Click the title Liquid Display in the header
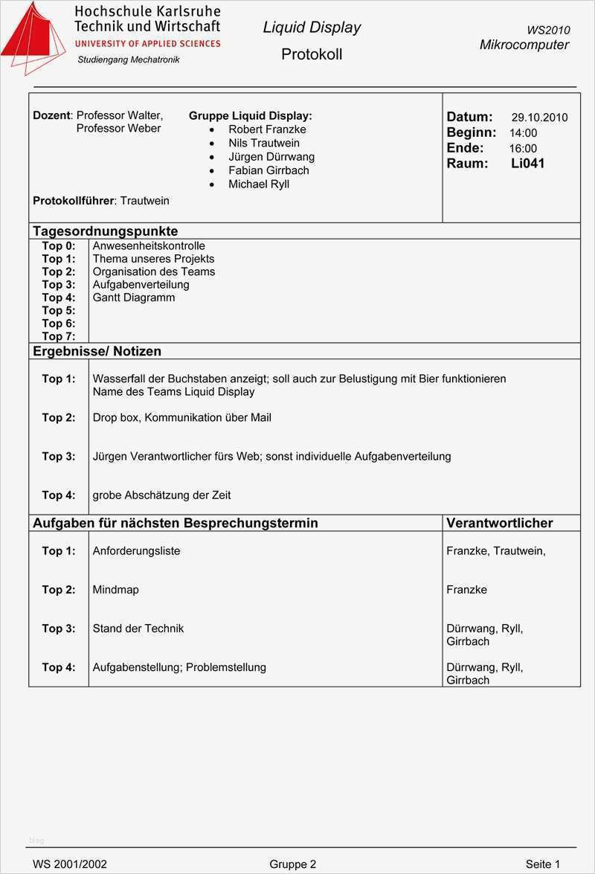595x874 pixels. click(312, 28)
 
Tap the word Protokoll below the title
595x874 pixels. click(312, 54)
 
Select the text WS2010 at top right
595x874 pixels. click(548, 30)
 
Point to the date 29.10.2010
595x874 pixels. click(539, 118)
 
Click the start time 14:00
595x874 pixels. click(523, 133)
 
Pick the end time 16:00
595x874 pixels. click(523, 149)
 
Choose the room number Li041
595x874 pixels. click(527, 164)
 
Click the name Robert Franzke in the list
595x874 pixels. click(267, 129)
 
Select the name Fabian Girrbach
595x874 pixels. click(268, 170)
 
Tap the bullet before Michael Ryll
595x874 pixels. click(212, 184)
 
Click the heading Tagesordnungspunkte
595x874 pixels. click(105, 231)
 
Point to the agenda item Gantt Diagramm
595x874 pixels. click(134, 298)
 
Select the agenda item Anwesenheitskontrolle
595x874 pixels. click(149, 246)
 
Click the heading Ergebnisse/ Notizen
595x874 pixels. click(97, 351)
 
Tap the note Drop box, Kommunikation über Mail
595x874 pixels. click(181, 418)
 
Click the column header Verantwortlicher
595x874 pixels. click(499, 523)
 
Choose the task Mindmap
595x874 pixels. click(115, 590)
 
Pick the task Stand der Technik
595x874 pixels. click(138, 629)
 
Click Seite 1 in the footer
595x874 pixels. click(542, 864)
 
